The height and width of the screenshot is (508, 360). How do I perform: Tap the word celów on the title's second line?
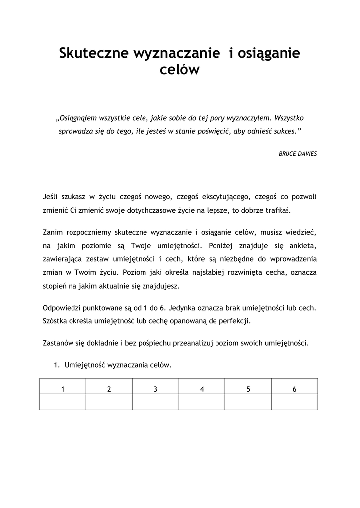click(x=180, y=71)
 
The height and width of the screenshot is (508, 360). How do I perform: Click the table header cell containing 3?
click(x=155, y=389)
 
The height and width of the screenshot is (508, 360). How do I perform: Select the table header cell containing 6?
click(x=294, y=389)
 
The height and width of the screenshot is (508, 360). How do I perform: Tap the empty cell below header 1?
click(x=63, y=402)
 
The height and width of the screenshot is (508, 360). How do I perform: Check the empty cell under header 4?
click(x=202, y=402)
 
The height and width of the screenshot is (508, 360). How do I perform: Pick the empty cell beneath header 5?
click(x=248, y=402)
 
